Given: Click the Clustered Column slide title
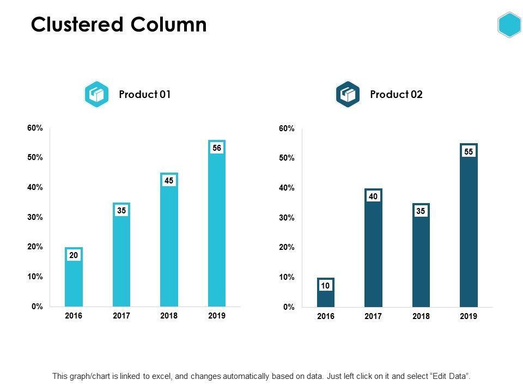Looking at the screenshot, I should (x=119, y=25).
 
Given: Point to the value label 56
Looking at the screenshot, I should (x=217, y=148).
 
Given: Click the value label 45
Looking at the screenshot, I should (x=169, y=180).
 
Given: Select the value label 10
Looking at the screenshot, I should (x=326, y=285).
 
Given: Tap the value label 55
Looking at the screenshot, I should (x=469, y=152).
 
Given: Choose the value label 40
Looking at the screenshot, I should (x=373, y=197).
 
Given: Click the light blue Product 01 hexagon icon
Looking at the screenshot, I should (x=97, y=95).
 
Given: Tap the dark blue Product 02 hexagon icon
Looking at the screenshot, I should (x=348, y=95).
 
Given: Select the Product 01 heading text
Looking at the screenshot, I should (x=145, y=94).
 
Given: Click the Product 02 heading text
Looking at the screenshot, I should (x=396, y=94).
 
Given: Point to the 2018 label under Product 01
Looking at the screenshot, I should (x=169, y=316).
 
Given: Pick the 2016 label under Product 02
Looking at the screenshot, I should (x=326, y=316).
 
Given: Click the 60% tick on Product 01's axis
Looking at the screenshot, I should (x=35, y=128).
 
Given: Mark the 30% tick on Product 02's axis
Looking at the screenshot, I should (x=287, y=218).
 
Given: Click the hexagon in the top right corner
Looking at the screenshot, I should (x=509, y=25).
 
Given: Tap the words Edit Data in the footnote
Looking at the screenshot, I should (x=449, y=376).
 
